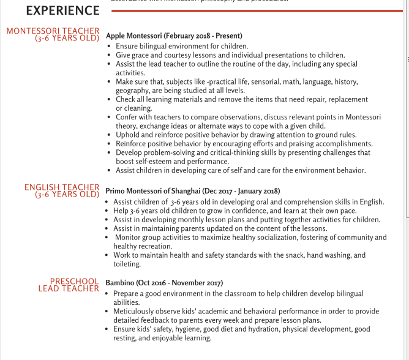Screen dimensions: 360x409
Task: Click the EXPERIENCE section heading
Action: (62, 11)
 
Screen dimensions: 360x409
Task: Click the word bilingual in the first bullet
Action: (154, 46)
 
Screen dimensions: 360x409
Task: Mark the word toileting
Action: (127, 264)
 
